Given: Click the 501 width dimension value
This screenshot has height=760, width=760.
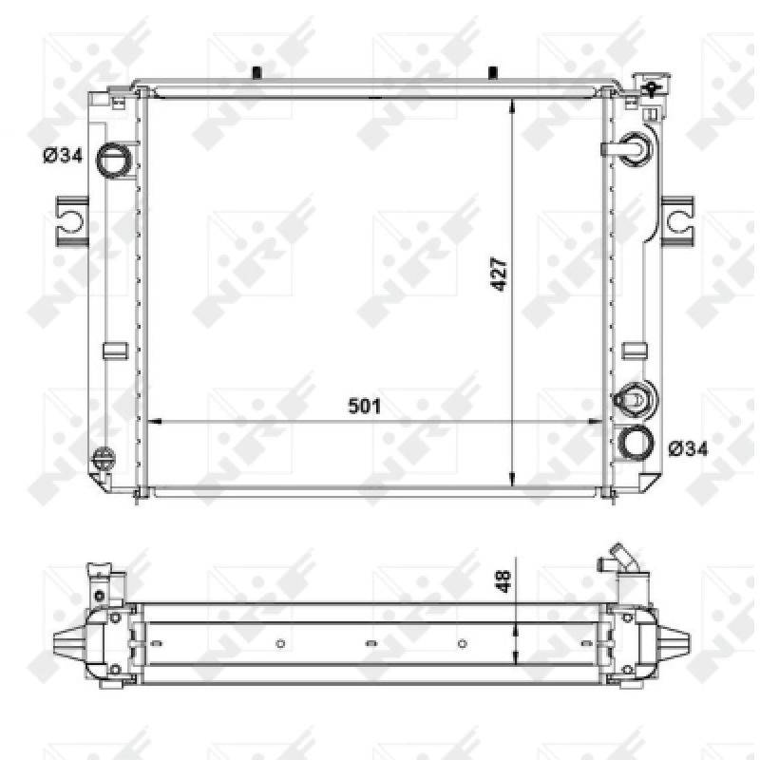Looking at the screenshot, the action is point(365,407).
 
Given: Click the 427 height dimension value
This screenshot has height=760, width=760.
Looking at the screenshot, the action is point(499,275).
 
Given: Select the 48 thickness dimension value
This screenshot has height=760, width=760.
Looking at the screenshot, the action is point(504,581).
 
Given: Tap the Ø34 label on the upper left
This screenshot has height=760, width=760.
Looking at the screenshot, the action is point(63,156).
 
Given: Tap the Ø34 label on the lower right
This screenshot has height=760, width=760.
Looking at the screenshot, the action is point(688,448).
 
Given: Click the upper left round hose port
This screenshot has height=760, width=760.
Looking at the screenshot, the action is point(114,160).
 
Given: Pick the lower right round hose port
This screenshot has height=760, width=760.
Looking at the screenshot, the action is point(636,443).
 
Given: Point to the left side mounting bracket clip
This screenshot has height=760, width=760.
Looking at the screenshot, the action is point(72,221).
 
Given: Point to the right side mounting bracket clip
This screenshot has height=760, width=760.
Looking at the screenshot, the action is point(677,221).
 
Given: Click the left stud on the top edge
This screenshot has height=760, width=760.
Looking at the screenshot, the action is point(257,73).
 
